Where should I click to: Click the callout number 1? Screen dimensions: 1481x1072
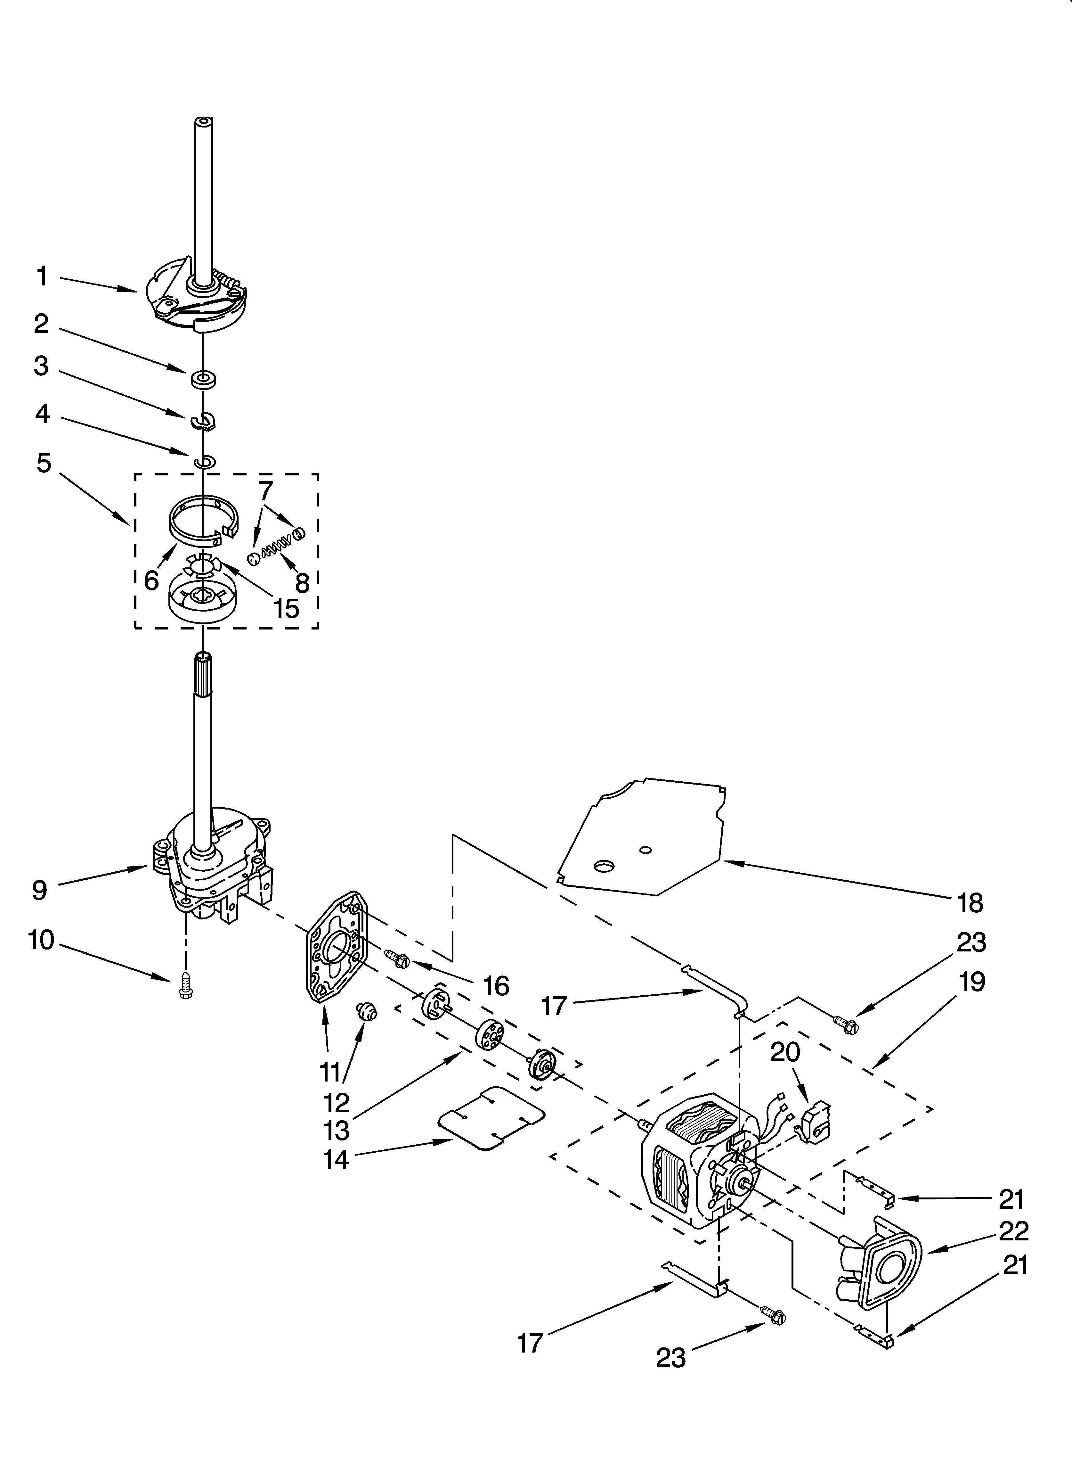point(42,277)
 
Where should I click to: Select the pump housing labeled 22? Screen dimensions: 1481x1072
point(881,1270)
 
